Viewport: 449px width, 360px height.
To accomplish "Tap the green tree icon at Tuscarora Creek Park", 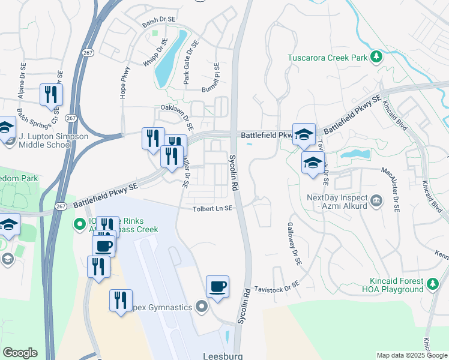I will (376, 56).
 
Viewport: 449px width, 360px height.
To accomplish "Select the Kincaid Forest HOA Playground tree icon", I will (432, 281).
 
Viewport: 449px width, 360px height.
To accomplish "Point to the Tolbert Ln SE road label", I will (212, 208).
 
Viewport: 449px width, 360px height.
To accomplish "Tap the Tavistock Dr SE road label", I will (276, 288).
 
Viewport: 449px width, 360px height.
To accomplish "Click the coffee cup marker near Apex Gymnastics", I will (217, 286).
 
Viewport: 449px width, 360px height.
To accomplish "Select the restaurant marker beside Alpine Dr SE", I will (51, 94).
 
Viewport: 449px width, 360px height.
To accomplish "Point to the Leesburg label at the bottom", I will (222, 355).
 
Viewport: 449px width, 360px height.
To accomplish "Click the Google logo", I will (20, 353).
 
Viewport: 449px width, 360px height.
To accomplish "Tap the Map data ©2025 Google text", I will (411, 355).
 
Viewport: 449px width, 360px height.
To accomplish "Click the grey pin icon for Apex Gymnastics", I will (201, 307).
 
